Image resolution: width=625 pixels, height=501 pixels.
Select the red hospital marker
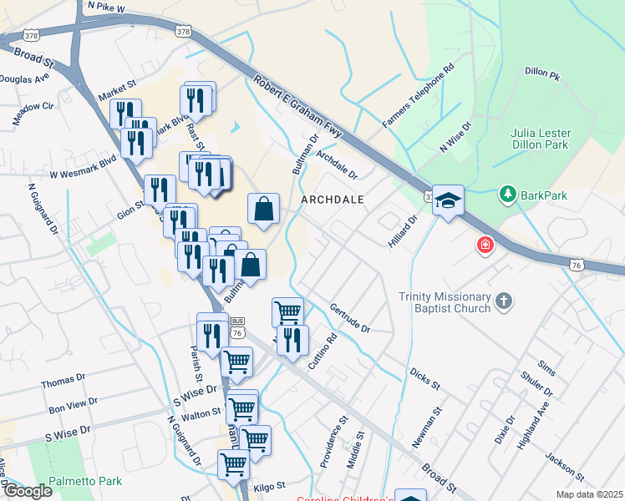(484, 245)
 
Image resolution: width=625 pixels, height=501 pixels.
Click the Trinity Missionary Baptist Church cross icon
(503, 301)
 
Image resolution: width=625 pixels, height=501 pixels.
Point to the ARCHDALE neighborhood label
(332, 200)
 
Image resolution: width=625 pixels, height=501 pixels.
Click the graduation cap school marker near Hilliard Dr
(448, 200)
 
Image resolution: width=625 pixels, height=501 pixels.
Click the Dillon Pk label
(541, 73)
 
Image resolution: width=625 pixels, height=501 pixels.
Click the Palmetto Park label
(85, 481)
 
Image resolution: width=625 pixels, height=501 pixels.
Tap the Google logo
(27, 491)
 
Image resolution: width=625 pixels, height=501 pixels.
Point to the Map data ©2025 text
(589, 494)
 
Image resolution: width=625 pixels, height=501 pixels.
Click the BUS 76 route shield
(237, 327)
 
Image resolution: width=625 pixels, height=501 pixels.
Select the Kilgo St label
(269, 484)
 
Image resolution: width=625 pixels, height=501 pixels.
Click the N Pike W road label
(105, 8)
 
